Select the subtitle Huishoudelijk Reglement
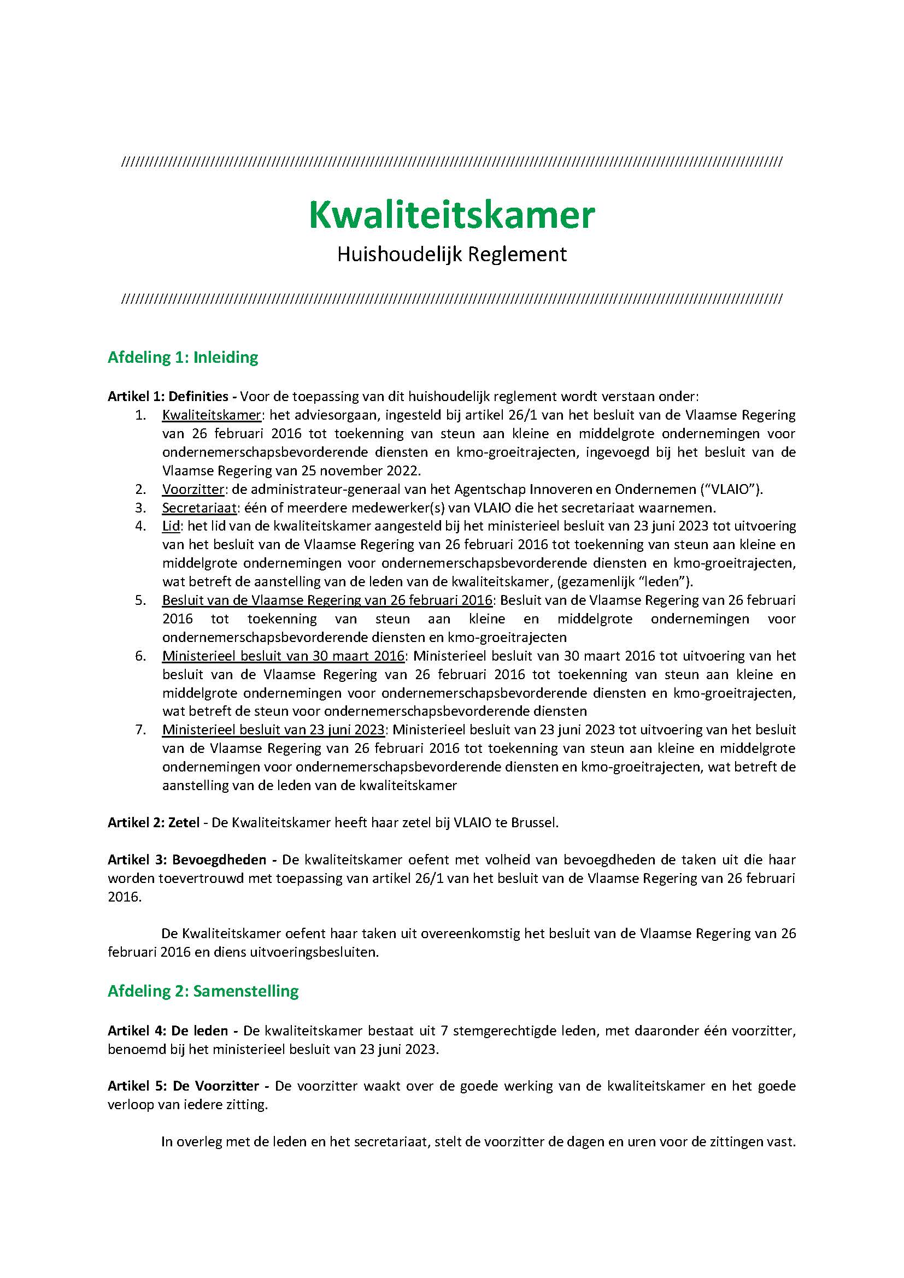[451, 255]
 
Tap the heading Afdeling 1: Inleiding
[183, 357]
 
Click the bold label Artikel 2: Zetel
[153, 823]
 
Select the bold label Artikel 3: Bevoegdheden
[186, 859]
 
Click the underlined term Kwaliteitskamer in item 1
[212, 415]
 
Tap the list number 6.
[140, 656]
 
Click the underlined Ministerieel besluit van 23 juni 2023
[273, 730]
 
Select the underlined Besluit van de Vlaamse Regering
[327, 600]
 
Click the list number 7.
[140, 730]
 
